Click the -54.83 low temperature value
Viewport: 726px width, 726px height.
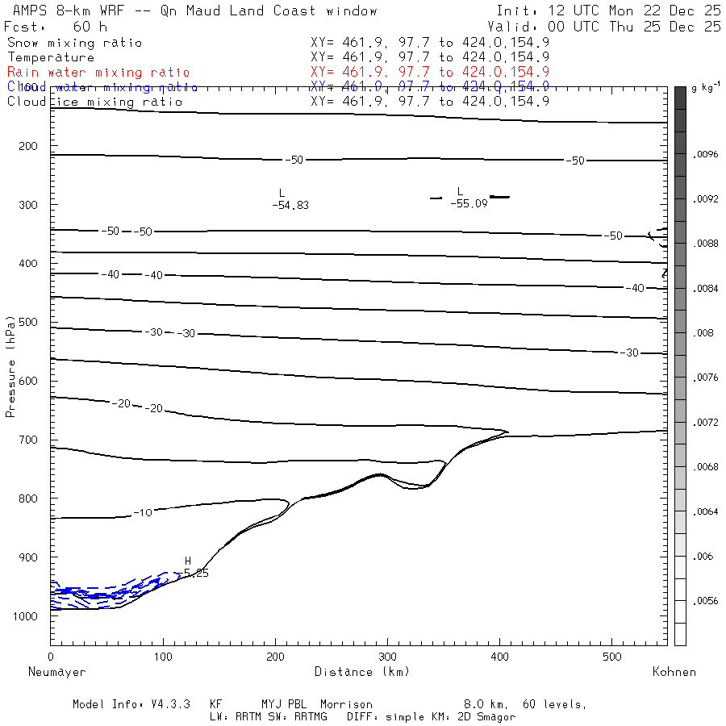tap(290, 206)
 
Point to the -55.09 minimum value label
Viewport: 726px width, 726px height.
tap(469, 205)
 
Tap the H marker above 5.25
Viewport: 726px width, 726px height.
tap(188, 561)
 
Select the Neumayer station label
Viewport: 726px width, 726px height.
tap(56, 672)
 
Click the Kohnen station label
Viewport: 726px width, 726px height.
tap(674, 672)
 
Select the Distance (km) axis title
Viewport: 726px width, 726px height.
tap(361, 672)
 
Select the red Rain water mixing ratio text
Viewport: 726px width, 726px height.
tap(98, 73)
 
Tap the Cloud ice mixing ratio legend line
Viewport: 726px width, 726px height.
tap(95, 102)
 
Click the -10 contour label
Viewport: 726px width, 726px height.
tap(143, 513)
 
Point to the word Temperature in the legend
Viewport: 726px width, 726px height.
tap(51, 57)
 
